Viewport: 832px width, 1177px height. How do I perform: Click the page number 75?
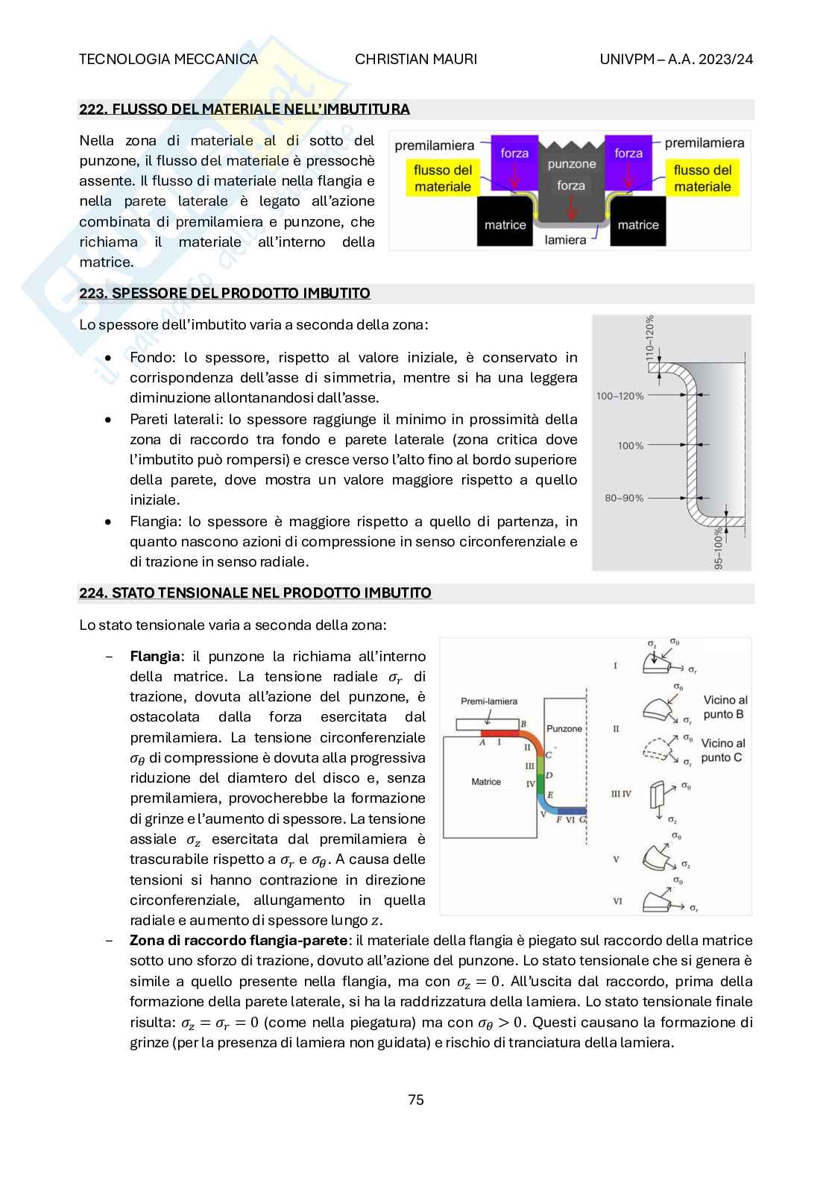(x=416, y=1099)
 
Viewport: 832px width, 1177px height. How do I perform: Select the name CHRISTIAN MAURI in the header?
(x=416, y=60)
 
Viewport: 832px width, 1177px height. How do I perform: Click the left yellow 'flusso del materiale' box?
(x=443, y=178)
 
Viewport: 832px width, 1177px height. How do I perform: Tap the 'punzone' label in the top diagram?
(x=572, y=163)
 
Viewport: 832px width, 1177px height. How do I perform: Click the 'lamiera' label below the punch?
(x=565, y=240)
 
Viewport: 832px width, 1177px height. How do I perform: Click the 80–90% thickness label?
(x=620, y=498)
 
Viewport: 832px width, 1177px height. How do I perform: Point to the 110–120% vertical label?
(x=649, y=339)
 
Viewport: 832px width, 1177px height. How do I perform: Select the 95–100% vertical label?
(x=719, y=549)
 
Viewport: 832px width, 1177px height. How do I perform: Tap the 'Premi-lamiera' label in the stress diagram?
(x=489, y=701)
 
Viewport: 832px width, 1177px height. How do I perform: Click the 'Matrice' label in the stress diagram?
(x=486, y=782)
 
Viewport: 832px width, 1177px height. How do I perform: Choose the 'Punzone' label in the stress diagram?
(x=564, y=728)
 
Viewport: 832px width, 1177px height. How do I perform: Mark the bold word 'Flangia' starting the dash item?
(x=155, y=657)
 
